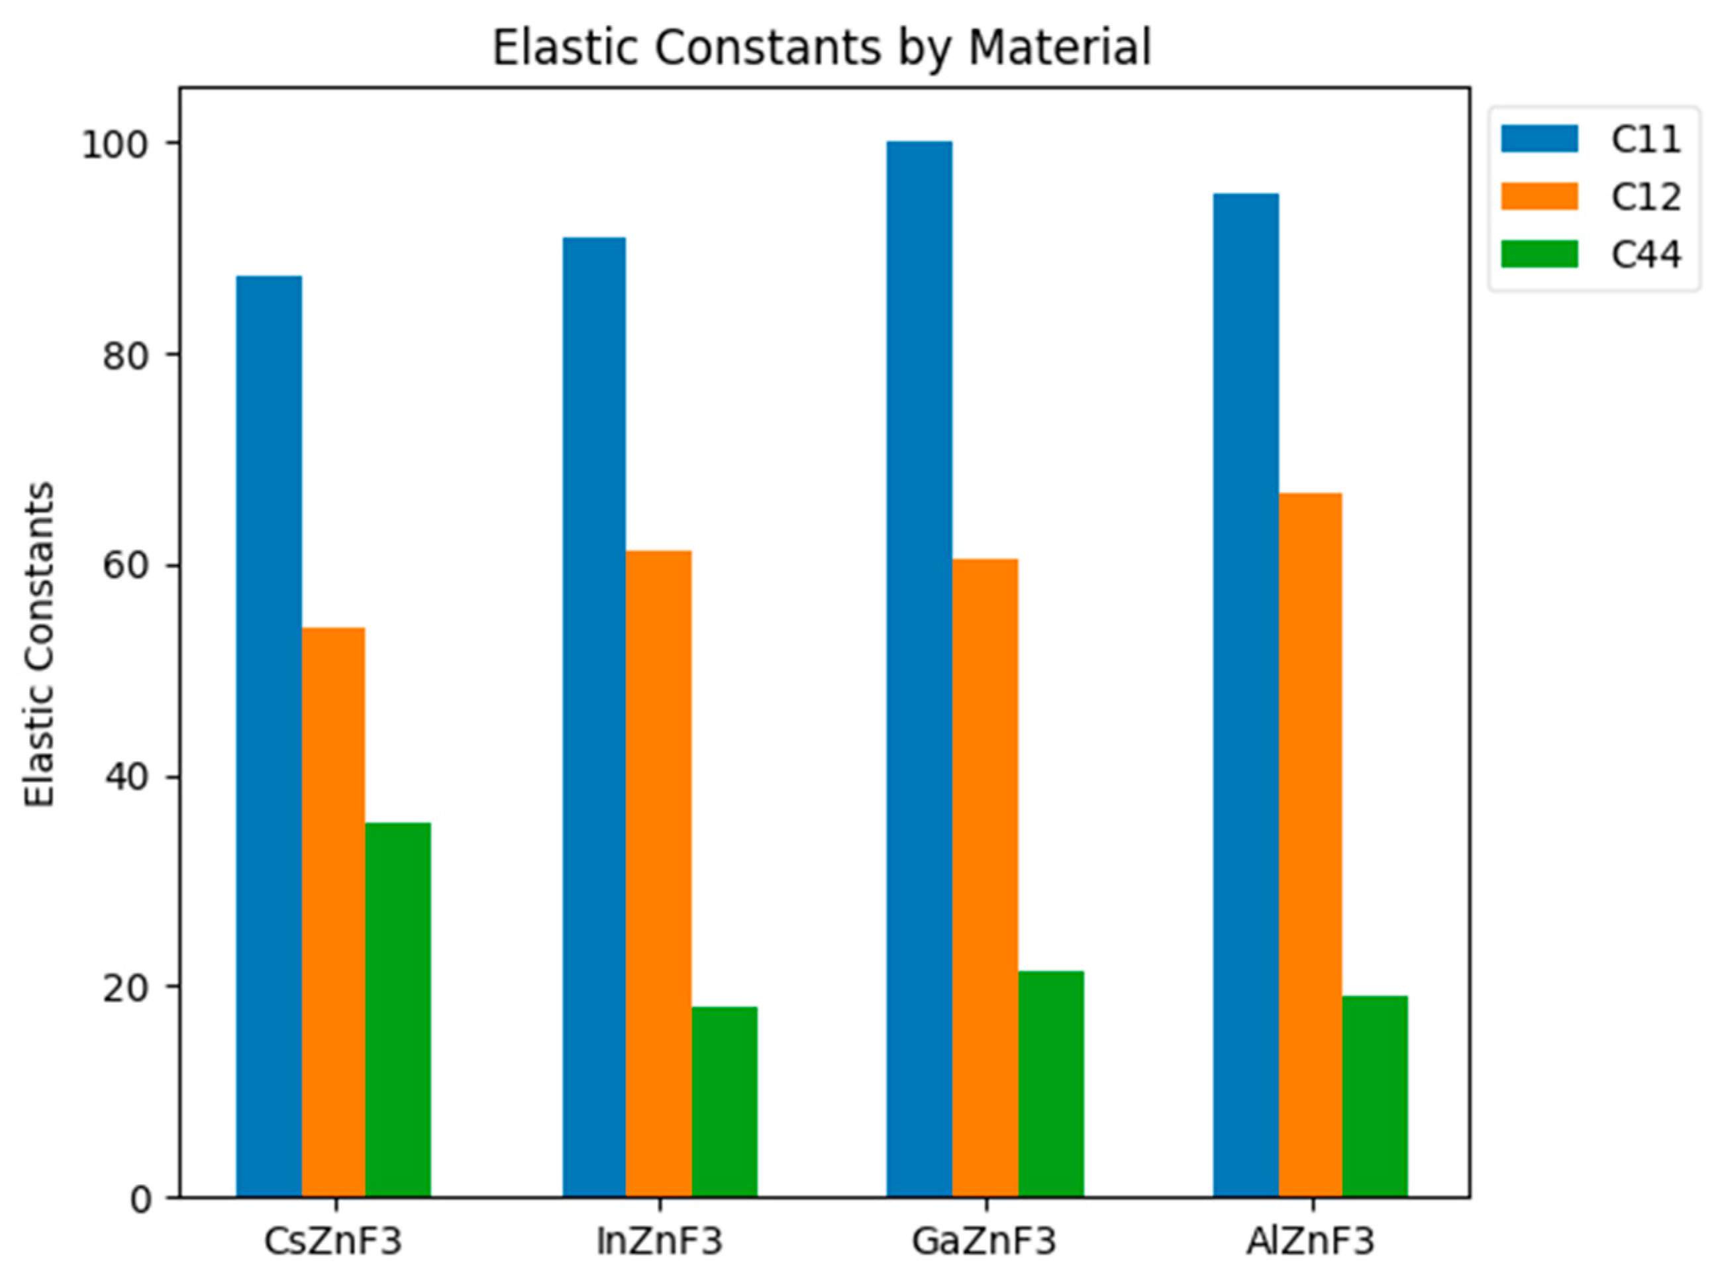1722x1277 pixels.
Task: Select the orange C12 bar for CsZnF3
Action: [x=333, y=912]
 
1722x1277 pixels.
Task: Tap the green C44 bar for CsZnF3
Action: [x=397, y=1009]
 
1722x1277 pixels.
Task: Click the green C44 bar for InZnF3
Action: [x=724, y=1101]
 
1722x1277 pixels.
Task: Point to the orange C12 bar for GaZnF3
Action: [x=985, y=878]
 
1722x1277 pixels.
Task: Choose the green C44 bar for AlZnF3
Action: [x=1375, y=1096]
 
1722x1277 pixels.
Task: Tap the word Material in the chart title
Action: [x=1060, y=48]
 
